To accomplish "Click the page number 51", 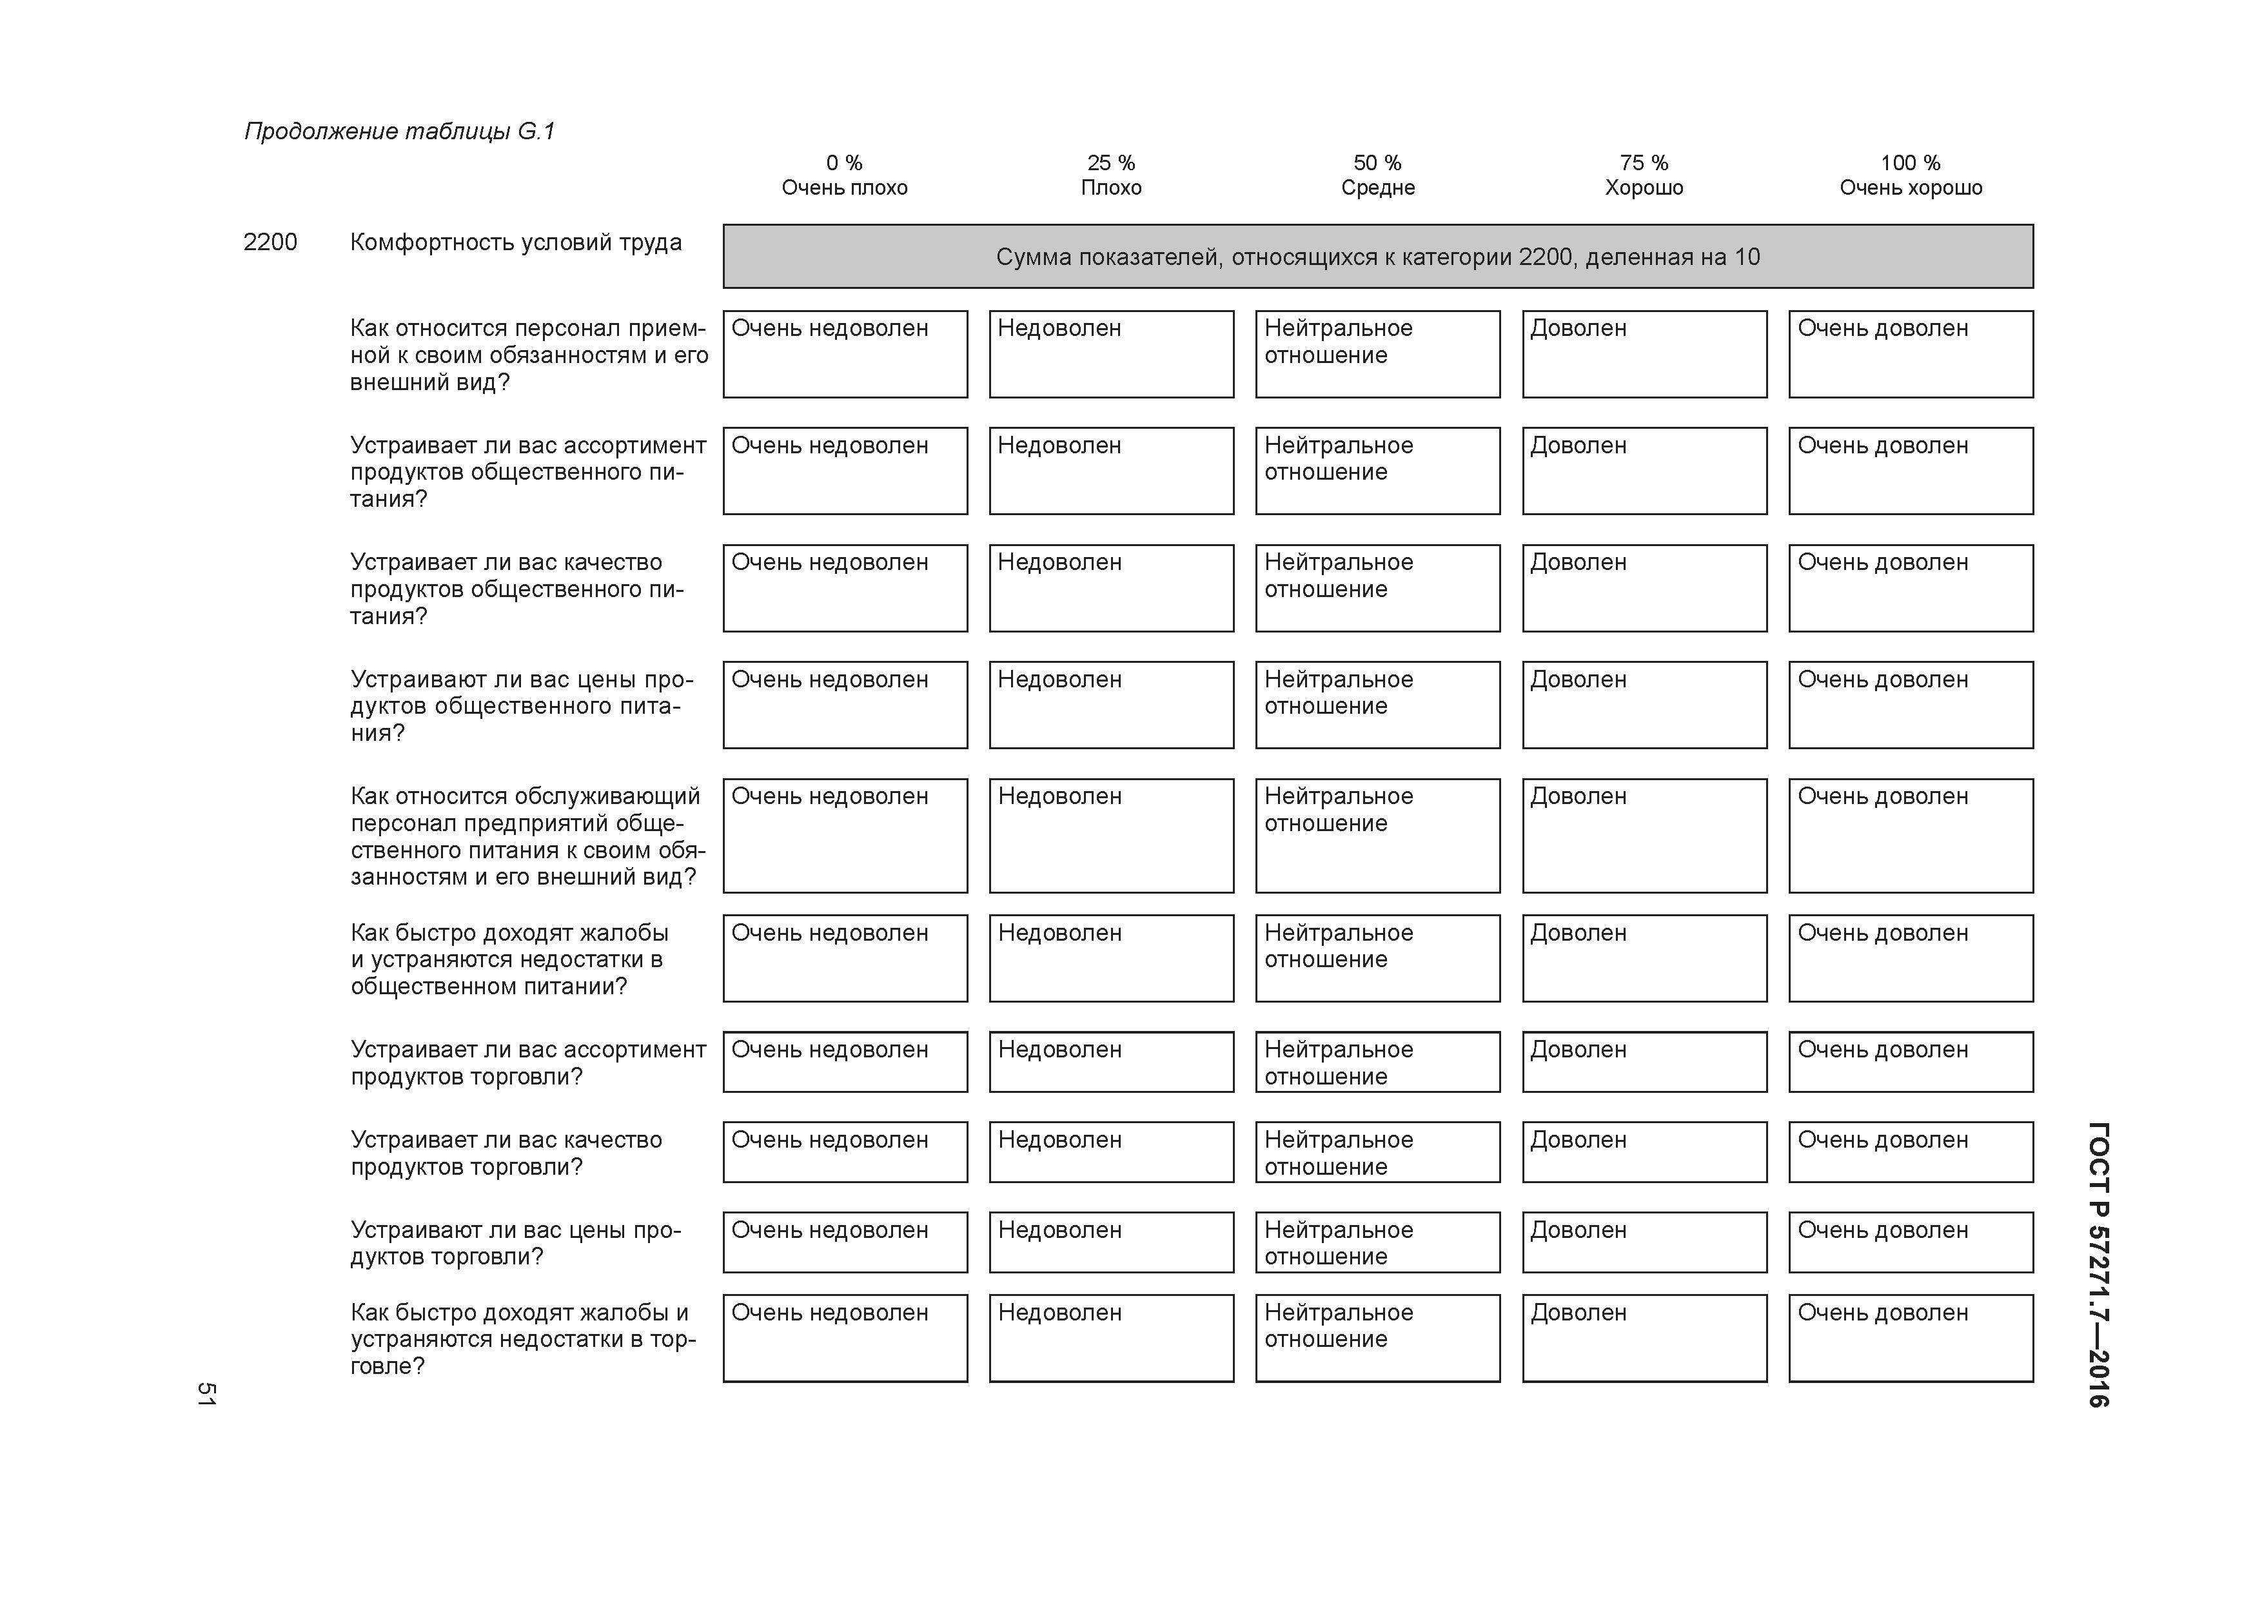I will click(206, 1393).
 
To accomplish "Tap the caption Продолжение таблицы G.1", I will click(399, 131).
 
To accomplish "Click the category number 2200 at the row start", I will click(270, 242).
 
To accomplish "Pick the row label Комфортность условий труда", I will click(515, 242).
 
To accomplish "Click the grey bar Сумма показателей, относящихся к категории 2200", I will click(1377, 257).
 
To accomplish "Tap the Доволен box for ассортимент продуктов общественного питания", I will click(1644, 471).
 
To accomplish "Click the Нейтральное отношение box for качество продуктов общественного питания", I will click(1377, 588).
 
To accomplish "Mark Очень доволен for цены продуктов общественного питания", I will click(1911, 705).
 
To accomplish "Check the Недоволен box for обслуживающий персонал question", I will click(1111, 836).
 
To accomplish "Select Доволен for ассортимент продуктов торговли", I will click(1644, 1062).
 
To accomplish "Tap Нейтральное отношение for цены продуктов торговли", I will click(1377, 1242).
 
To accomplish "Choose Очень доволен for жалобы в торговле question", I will click(1911, 1338).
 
